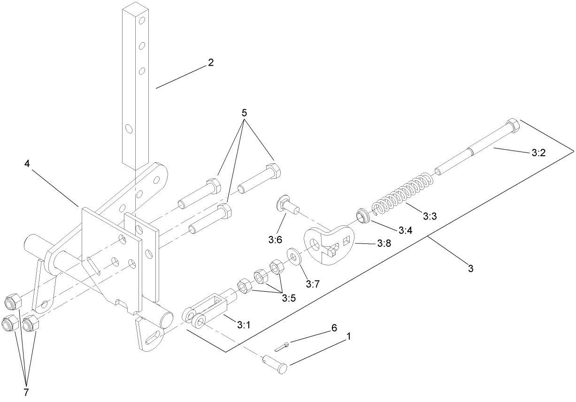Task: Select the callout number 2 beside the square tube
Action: tap(211, 62)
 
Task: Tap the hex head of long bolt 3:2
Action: tap(512, 125)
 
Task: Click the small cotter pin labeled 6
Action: tap(281, 347)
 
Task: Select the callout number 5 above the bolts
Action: tap(244, 113)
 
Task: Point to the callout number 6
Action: tap(334, 328)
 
